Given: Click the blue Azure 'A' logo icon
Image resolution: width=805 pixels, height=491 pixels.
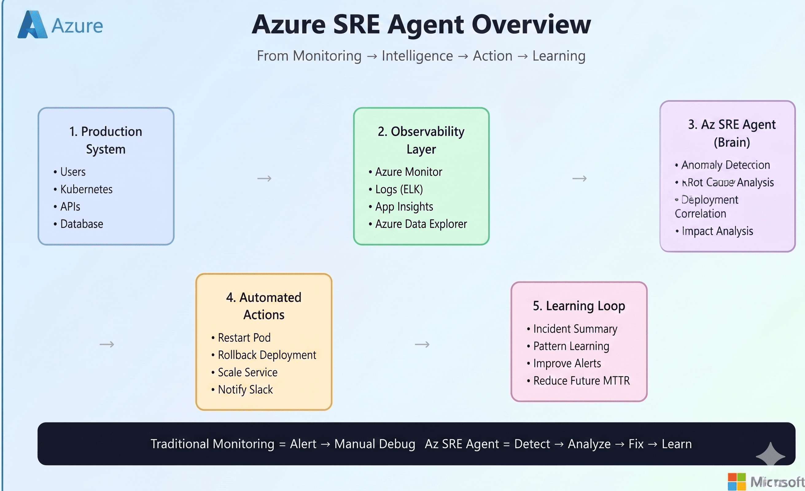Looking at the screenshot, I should point(32,25).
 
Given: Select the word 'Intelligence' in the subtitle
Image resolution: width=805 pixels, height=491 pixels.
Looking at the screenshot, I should point(417,56).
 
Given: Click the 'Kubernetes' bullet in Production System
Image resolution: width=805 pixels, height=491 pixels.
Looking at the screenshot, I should point(86,189).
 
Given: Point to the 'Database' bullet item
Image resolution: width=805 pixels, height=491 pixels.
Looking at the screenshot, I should point(81,224).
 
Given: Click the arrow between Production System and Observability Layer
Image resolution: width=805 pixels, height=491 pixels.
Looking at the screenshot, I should point(264,178).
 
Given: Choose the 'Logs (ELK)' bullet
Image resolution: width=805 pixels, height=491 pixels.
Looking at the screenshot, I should point(399,189).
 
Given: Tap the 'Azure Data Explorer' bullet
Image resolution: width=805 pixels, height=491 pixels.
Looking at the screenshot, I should point(421,224).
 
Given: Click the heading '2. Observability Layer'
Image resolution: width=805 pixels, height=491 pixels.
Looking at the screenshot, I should point(421,140).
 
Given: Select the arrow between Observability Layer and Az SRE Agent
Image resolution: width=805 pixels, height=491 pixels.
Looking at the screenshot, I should point(579,178).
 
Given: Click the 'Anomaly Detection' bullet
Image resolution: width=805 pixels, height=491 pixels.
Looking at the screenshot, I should point(725,165).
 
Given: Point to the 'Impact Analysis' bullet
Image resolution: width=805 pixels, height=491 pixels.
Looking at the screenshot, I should point(717,231).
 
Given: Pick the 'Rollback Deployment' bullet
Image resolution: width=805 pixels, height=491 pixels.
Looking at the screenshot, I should point(266,355).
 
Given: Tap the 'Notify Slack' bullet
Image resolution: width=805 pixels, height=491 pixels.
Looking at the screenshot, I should point(245,389).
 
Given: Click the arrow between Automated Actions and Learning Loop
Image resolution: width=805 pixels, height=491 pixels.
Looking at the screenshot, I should point(422,344).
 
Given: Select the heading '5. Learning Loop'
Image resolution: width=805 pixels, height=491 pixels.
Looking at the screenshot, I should point(579,306).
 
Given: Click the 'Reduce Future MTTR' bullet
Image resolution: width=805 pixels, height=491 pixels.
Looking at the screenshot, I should point(581,381).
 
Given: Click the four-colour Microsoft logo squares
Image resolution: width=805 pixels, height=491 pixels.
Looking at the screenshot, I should point(737,481).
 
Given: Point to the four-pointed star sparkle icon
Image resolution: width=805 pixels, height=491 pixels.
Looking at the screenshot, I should point(770,456).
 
